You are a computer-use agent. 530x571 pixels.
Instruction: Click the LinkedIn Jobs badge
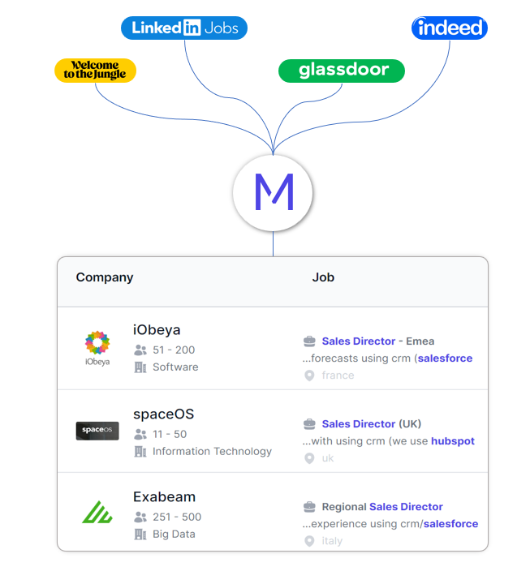pos(184,28)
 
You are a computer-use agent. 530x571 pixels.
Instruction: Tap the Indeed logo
pos(449,28)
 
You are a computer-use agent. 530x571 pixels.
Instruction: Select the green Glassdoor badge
pos(341,71)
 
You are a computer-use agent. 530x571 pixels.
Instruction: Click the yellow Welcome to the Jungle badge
pos(95,71)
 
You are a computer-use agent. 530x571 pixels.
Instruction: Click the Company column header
pos(105,277)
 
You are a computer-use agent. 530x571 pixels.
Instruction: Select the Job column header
pos(323,277)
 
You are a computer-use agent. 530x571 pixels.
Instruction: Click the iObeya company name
pos(157,330)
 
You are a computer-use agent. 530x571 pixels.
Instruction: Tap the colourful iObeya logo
pos(97,346)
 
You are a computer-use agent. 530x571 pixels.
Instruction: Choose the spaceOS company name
pos(163,414)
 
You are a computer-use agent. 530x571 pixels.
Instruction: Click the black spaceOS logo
pos(97,431)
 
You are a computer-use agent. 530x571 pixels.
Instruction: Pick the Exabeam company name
pos(164,496)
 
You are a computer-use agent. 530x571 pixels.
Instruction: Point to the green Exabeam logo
pos(97,513)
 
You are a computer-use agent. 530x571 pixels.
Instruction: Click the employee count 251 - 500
pos(177,517)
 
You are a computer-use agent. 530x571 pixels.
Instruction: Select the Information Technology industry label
pos(212,451)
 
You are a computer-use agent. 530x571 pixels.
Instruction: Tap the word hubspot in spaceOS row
pos(453,441)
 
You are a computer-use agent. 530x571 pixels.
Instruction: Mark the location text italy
pos(332,541)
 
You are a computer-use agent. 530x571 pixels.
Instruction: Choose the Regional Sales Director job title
pos(382,507)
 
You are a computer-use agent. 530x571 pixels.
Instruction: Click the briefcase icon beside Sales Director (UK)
pos(309,424)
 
